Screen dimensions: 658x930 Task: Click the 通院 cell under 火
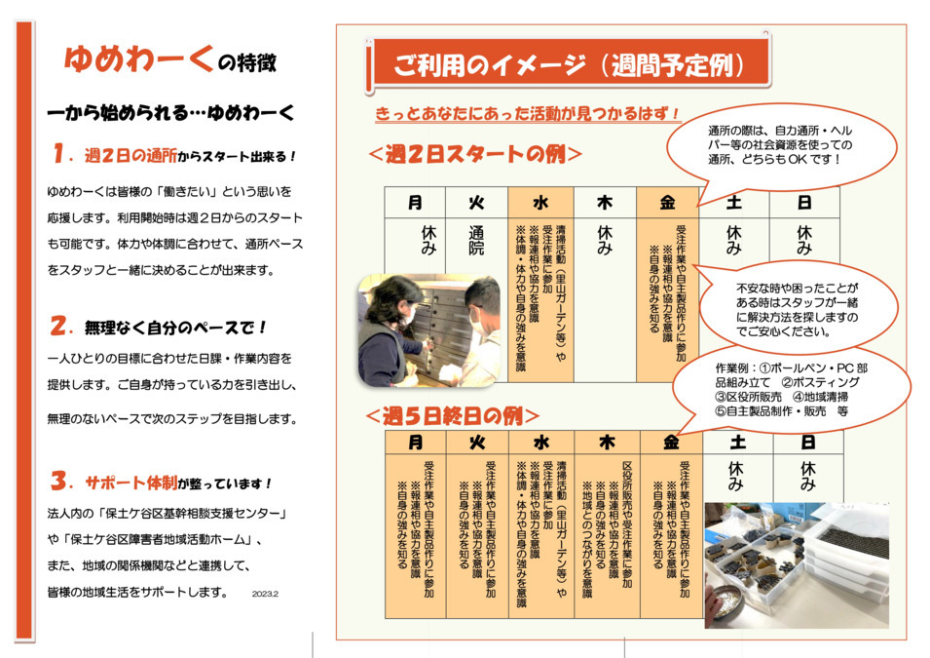tap(476, 241)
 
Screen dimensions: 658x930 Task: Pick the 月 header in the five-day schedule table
tap(416, 443)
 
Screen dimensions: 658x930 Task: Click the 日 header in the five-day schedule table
tap(807, 443)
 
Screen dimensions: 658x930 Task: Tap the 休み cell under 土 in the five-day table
tap(736, 477)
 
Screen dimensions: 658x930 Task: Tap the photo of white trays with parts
tap(796, 565)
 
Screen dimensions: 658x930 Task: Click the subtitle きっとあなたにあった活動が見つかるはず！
tap(527, 114)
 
